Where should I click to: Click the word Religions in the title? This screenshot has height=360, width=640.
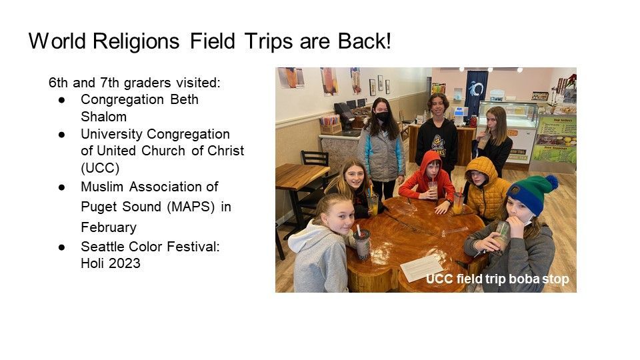coord(136,41)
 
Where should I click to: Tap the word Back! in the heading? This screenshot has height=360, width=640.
coord(364,41)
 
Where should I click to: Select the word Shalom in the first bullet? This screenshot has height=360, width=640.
coord(104,117)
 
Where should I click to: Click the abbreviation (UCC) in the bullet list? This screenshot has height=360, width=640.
coord(100,168)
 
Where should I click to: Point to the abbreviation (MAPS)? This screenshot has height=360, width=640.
coord(191,207)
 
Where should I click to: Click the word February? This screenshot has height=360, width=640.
coord(109,227)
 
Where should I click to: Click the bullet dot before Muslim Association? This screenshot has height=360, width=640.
coord(61,187)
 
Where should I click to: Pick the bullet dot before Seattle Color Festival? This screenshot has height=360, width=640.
coord(61,247)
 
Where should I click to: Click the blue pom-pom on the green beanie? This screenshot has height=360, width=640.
coord(552,183)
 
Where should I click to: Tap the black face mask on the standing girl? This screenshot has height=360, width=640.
coord(382,117)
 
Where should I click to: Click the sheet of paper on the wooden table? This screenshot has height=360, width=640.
coord(421,268)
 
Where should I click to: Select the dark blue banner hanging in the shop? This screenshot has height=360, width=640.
coord(476,94)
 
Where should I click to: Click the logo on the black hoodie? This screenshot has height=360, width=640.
coord(439,145)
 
